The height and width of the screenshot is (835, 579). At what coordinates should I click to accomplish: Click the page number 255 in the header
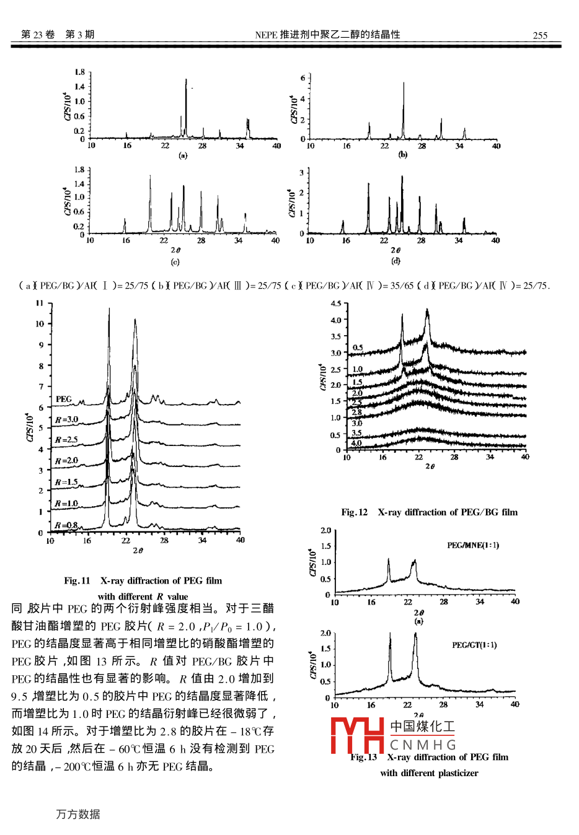coord(540,35)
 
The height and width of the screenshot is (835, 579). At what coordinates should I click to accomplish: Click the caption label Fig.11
coord(77,580)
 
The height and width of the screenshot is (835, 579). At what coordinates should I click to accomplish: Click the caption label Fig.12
coord(354,512)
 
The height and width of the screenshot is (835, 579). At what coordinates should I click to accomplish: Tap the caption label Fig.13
coord(363,757)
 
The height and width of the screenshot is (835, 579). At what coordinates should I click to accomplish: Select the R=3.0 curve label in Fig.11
coord(66,419)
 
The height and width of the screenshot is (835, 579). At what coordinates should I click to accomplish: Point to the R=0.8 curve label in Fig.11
coord(66,525)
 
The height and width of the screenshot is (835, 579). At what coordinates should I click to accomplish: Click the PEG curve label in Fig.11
coord(64,399)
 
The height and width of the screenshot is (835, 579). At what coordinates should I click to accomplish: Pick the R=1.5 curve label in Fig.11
coord(66,482)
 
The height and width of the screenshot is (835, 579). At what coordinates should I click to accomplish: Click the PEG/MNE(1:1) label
coord(473,545)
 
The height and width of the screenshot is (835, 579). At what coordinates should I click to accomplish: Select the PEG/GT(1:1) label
coord(474,645)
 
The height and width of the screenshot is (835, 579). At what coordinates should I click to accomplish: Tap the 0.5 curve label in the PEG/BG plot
coord(358,348)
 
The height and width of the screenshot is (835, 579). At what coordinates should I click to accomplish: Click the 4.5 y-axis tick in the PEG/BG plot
coord(335,304)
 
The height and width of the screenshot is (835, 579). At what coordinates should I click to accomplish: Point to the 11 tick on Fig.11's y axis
coord(40,303)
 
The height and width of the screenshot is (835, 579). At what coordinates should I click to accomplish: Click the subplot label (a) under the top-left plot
coord(183,155)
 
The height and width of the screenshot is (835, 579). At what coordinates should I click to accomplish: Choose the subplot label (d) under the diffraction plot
coord(396,261)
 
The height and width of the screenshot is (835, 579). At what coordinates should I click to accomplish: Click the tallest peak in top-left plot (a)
coord(186,81)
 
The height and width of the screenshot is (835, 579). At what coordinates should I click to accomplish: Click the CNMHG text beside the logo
coord(423,745)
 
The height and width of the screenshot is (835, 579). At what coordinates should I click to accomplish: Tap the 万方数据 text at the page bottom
coord(78,814)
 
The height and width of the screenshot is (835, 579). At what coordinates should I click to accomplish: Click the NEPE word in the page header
coord(266,35)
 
